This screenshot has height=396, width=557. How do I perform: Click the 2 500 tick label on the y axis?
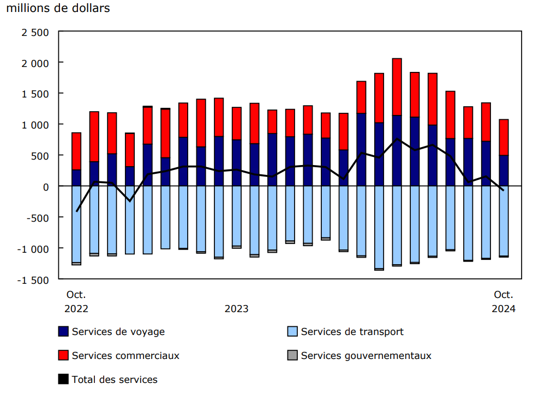click(35, 32)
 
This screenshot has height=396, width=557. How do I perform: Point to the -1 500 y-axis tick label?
click(34, 279)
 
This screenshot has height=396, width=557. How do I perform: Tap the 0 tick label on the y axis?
click(46, 187)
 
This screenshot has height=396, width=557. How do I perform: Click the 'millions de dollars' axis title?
click(58, 9)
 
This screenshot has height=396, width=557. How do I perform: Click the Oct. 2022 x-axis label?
click(76, 301)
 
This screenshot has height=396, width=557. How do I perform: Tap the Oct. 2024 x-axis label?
click(503, 301)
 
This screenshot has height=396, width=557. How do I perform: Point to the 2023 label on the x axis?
click(236, 309)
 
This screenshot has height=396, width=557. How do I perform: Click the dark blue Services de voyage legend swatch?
click(63, 332)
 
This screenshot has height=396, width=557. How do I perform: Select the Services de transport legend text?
click(352, 332)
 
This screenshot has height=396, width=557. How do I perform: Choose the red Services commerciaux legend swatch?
click(63, 356)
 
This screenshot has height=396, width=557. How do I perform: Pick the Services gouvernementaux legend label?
click(366, 356)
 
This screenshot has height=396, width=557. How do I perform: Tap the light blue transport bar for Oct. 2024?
click(504, 221)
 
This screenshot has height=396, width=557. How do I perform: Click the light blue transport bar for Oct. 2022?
click(76, 223)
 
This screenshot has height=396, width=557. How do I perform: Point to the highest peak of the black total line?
click(397, 139)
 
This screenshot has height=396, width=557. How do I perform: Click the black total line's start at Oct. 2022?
click(77, 211)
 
